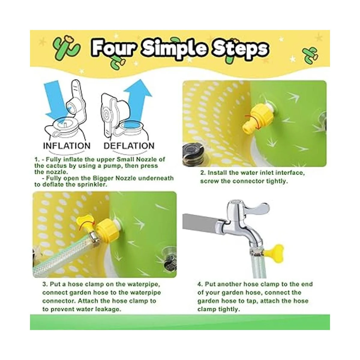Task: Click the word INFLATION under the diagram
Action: pyautogui.click(x=67, y=146)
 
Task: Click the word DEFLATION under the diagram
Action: pyautogui.click(x=129, y=146)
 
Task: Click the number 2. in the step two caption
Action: pyautogui.click(x=203, y=173)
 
